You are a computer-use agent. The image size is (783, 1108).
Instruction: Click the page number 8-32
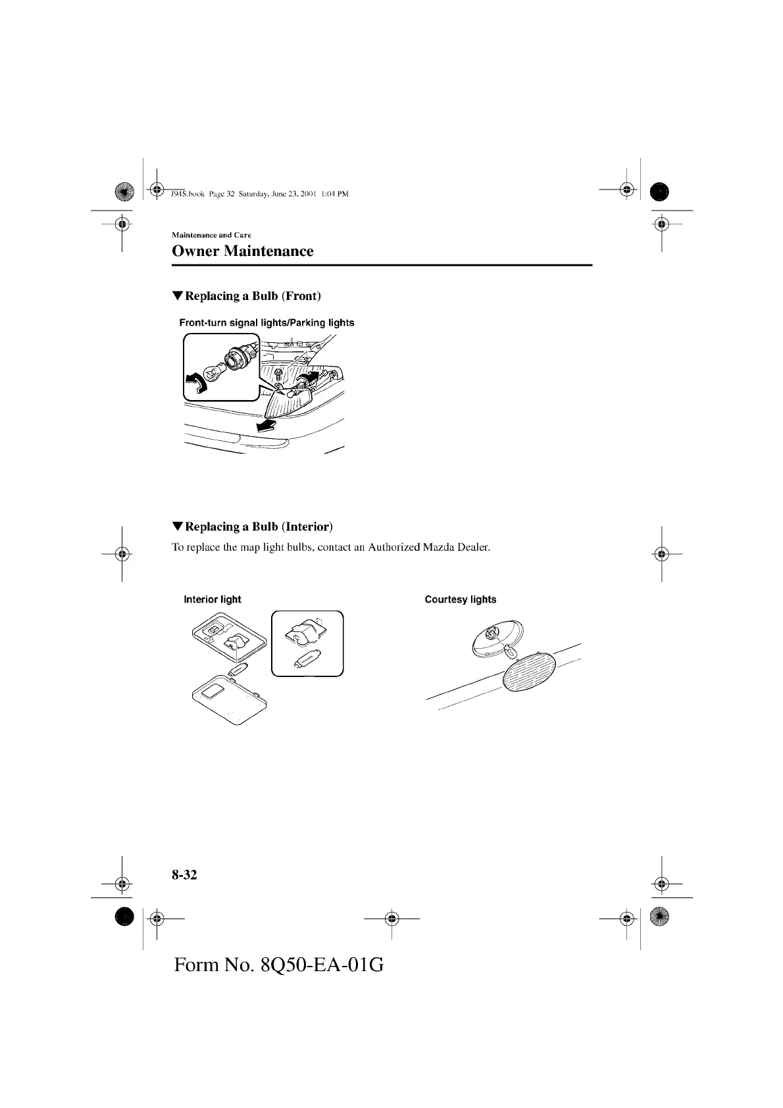click(x=184, y=874)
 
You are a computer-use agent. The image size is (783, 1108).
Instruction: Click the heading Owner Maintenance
click(x=242, y=251)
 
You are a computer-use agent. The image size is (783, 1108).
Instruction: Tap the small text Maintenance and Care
click(x=211, y=235)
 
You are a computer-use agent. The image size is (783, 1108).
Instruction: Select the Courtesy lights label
click(x=461, y=599)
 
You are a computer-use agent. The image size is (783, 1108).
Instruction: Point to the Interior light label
click(x=213, y=599)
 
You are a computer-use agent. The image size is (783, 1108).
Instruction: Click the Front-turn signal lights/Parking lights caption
click(x=266, y=322)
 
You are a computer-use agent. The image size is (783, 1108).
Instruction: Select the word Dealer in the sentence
click(x=474, y=547)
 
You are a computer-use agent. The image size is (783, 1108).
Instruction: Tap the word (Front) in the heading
click(x=301, y=296)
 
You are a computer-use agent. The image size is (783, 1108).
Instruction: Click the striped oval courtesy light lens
click(x=528, y=671)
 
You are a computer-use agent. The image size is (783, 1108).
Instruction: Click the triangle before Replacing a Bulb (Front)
click(x=177, y=296)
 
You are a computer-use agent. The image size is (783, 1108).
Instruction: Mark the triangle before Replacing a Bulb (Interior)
click(x=177, y=526)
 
